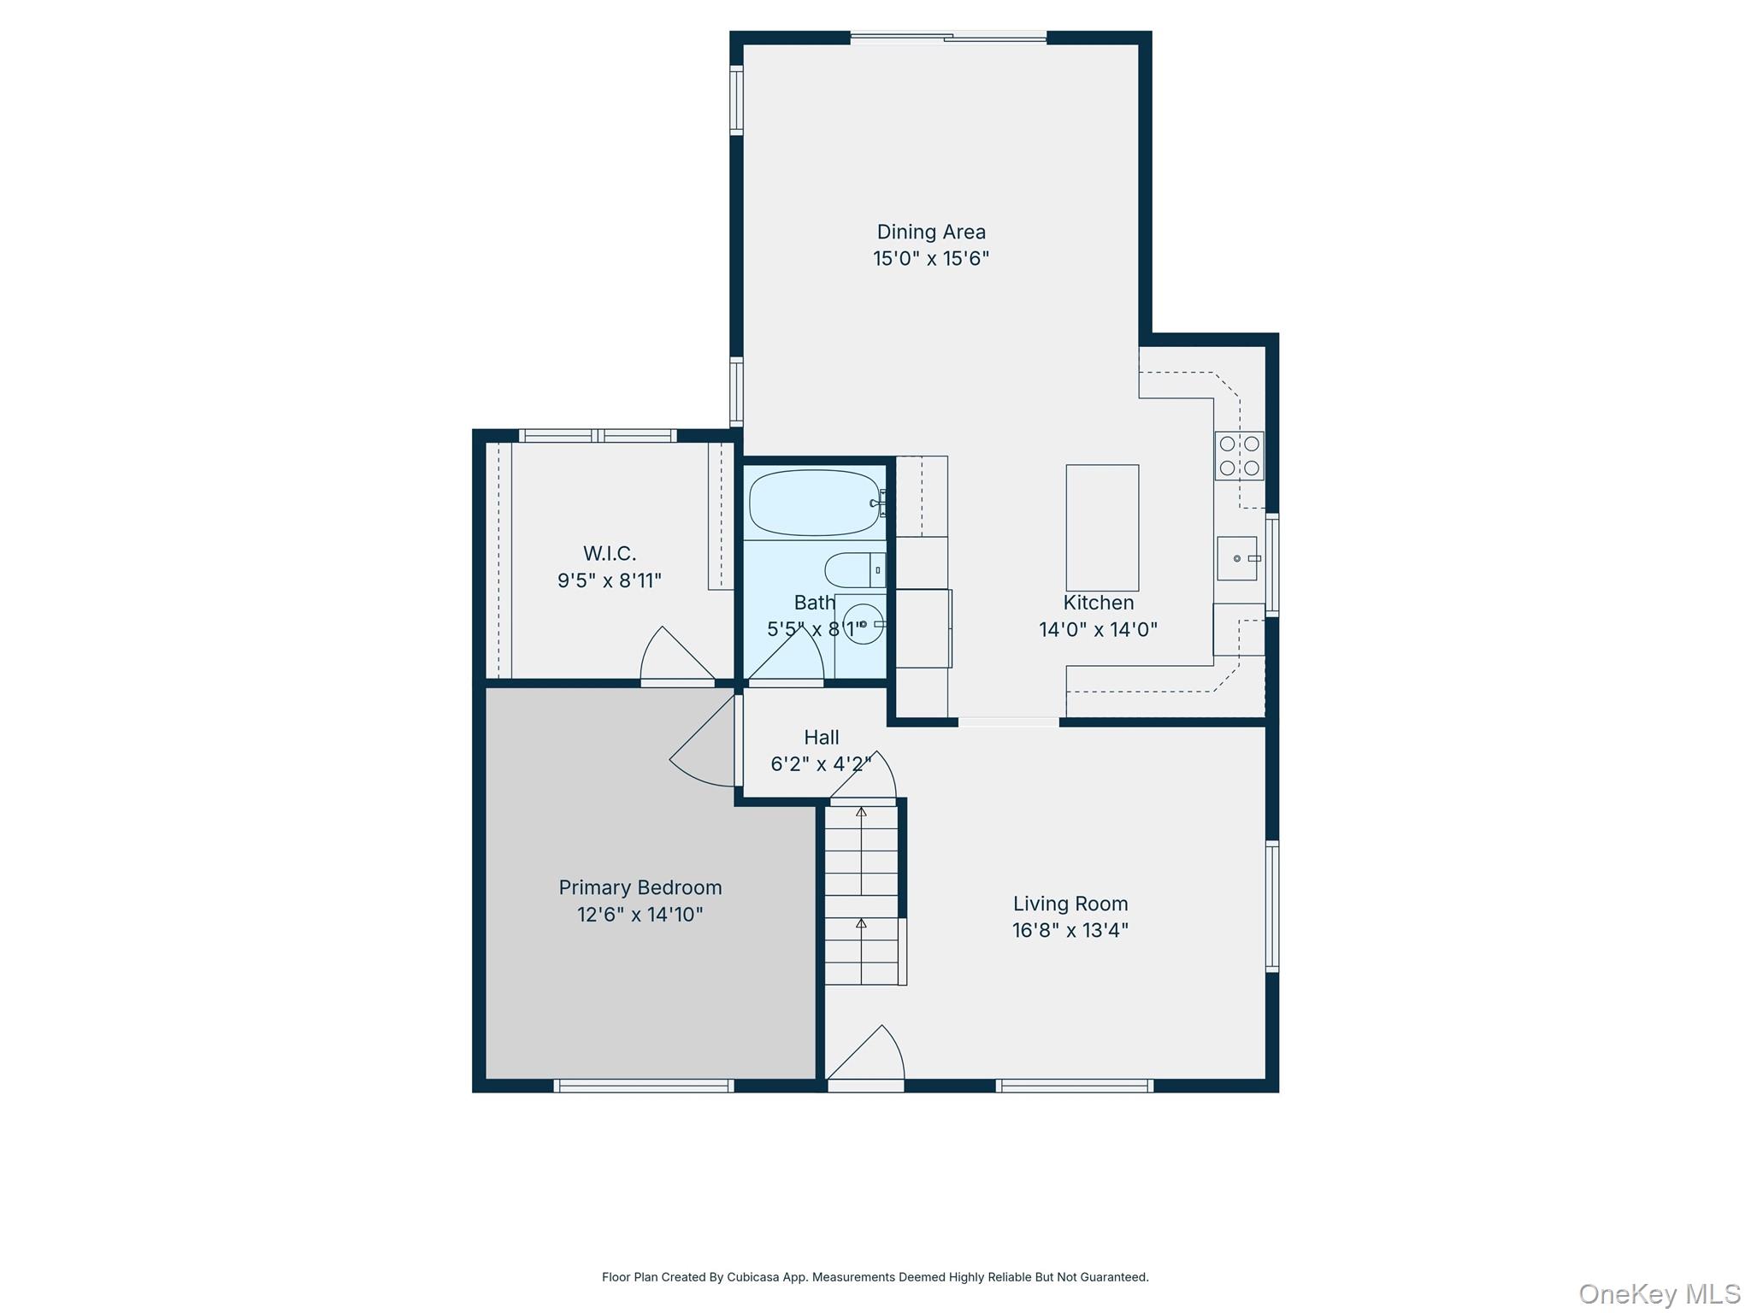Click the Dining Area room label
[931, 232]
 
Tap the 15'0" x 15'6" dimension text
[931, 258]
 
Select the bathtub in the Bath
[815, 503]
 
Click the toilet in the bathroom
[854, 569]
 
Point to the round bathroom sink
[863, 624]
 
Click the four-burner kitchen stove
[1239, 456]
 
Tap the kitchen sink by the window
[1237, 558]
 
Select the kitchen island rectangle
[1102, 527]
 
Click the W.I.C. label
[610, 553]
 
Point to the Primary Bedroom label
[640, 888]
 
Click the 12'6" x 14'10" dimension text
[640, 915]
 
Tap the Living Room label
[1070, 904]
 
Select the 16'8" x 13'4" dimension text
[1070, 930]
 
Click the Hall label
[822, 737]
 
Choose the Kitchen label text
[1099, 603]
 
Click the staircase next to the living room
[862, 893]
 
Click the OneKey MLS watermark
[1660, 1293]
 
